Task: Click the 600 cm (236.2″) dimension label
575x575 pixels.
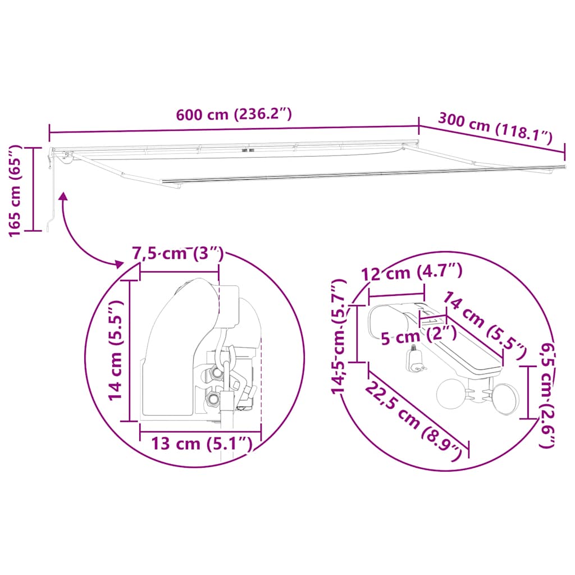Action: click(234, 115)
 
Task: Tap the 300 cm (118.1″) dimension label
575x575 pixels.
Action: click(495, 129)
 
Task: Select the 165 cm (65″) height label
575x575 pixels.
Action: click(15, 191)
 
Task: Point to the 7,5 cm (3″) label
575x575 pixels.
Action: click(178, 254)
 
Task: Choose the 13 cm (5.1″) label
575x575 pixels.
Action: click(202, 444)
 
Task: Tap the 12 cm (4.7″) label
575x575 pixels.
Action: click(412, 272)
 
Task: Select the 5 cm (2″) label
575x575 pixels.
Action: click(418, 335)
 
